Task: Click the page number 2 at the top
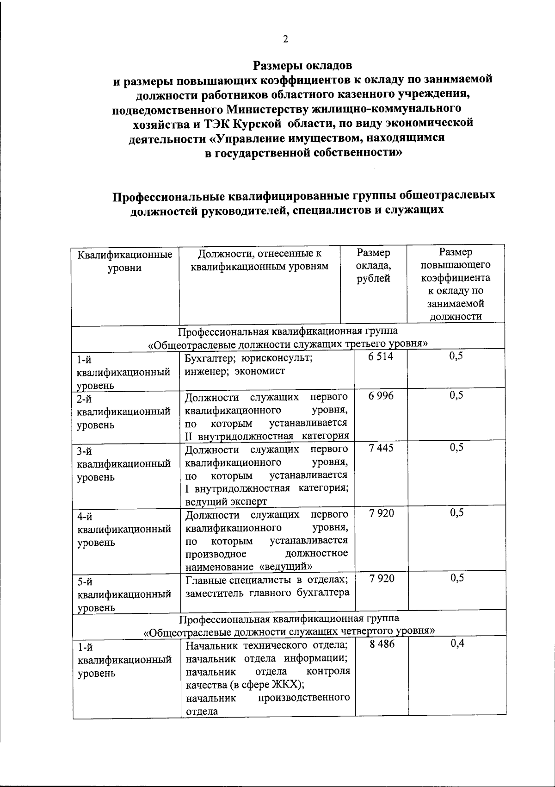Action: click(285, 39)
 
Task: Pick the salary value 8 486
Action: click(382, 644)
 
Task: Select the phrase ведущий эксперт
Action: click(226, 501)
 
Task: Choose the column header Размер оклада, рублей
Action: click(373, 265)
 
